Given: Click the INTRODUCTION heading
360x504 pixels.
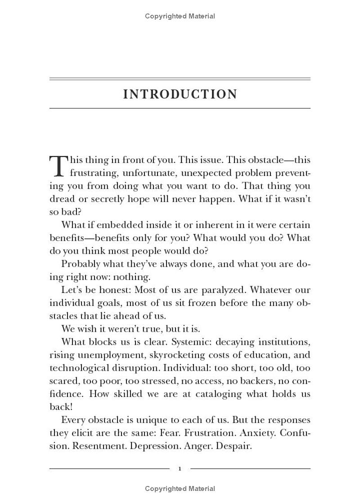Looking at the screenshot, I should (x=180, y=94).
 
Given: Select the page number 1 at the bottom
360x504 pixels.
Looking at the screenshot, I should (x=180, y=469).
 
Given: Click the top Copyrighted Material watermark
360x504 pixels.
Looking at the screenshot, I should (x=180, y=16).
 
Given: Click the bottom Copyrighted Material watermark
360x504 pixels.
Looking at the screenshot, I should (x=180, y=489).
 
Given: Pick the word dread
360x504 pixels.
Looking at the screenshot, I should (x=62, y=199).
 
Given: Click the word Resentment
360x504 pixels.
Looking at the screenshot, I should (x=102, y=446).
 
